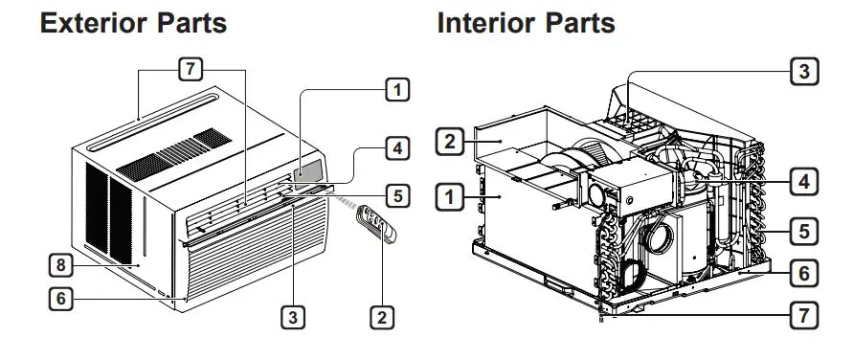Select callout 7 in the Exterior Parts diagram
191,69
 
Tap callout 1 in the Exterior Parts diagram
395,90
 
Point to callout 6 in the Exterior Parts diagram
59,298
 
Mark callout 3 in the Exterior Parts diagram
293,314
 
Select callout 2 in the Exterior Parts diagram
382,314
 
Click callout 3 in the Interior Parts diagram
804,70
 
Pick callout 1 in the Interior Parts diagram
448,197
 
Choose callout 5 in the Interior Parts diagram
804,230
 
